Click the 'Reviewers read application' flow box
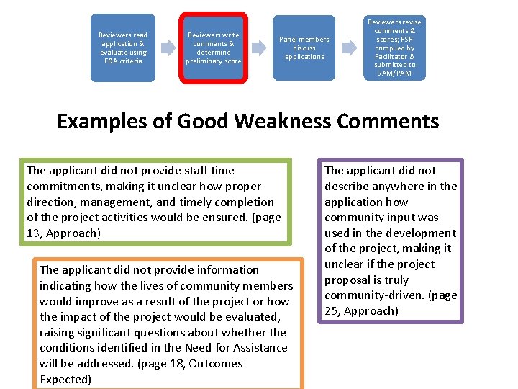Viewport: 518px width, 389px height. [122, 48]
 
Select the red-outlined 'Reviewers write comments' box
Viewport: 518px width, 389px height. [214, 48]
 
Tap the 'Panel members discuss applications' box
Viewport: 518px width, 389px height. [304, 48]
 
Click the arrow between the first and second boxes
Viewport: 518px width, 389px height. [168, 48]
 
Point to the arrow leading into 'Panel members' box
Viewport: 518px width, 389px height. [259, 48]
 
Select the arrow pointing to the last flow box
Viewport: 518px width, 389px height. [350, 48]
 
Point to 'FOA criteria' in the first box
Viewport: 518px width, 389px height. [122, 61]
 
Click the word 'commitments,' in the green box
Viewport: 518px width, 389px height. [62, 187]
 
